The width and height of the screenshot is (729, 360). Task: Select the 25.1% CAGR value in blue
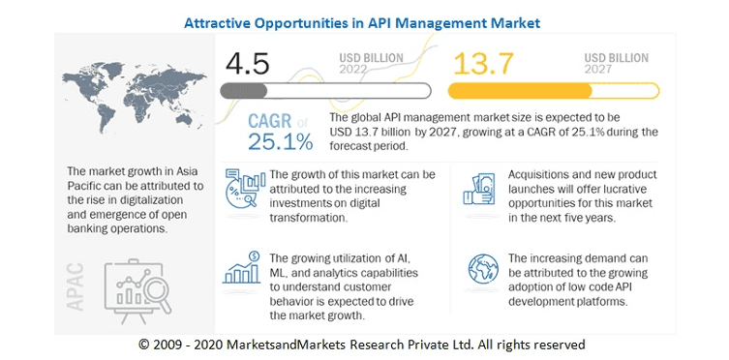[267, 142]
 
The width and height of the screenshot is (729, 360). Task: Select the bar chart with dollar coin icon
[242, 273]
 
